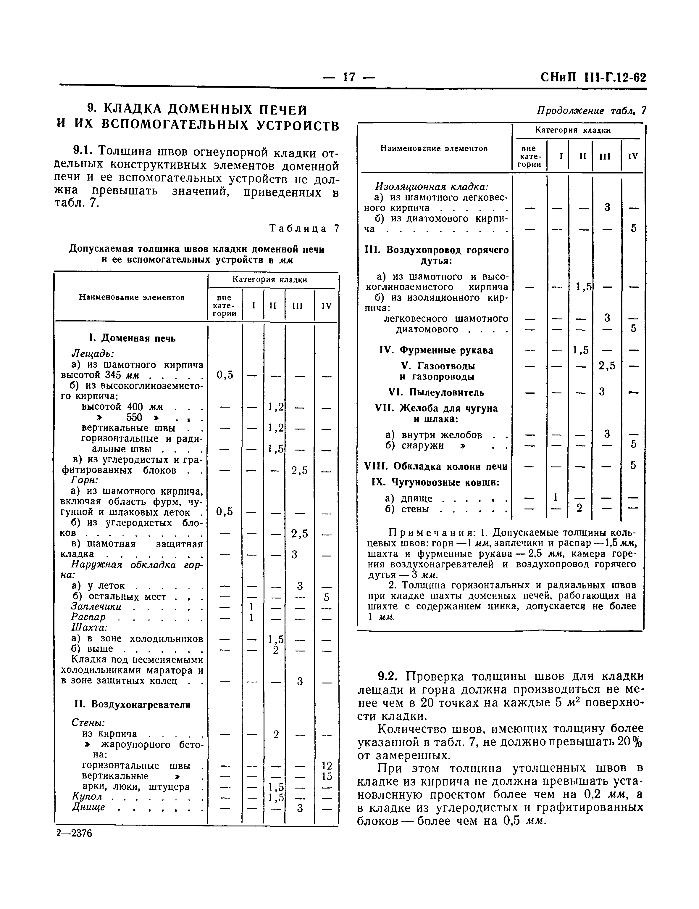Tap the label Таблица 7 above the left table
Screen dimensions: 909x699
click(x=304, y=228)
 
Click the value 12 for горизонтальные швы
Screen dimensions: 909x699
click(x=327, y=765)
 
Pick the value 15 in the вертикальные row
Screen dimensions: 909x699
click(x=327, y=776)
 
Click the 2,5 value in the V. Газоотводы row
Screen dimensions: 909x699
click(x=607, y=366)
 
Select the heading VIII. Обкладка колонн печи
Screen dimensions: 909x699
click(x=436, y=466)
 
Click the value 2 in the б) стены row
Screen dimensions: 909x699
click(x=579, y=508)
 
